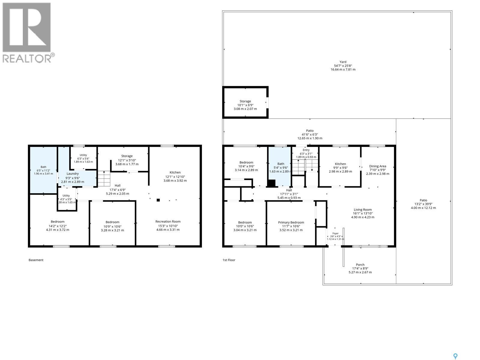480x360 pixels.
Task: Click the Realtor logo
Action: pyautogui.click(x=28, y=33)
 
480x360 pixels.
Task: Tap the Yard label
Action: pyautogui.click(x=343, y=62)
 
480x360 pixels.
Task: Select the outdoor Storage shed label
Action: pyautogui.click(x=245, y=101)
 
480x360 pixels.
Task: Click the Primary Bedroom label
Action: pyautogui.click(x=291, y=222)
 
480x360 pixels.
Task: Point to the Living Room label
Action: pyautogui.click(x=363, y=209)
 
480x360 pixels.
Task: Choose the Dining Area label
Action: pyautogui.click(x=378, y=166)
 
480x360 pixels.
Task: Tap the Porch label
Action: pyautogui.click(x=360, y=265)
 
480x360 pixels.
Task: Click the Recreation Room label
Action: pyautogui.click(x=168, y=221)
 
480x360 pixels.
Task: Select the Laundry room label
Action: pyautogui.click(x=72, y=174)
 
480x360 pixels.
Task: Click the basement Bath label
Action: pyautogui.click(x=43, y=167)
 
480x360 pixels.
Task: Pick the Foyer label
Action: pyautogui.click(x=335, y=233)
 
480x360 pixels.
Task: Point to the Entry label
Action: pyautogui.click(x=306, y=150)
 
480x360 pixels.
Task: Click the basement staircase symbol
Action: pyautogui.click(x=104, y=178)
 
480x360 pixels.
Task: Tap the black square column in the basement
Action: pyautogui.click(x=158, y=200)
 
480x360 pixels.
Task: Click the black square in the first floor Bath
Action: pyautogui.click(x=271, y=183)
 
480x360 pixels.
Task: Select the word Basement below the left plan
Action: pyautogui.click(x=36, y=260)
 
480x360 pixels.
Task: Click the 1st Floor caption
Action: pyautogui.click(x=229, y=260)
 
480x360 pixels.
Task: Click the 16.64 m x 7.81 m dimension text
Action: pyautogui.click(x=343, y=70)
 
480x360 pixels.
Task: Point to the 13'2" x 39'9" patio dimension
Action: pyautogui.click(x=423, y=204)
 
